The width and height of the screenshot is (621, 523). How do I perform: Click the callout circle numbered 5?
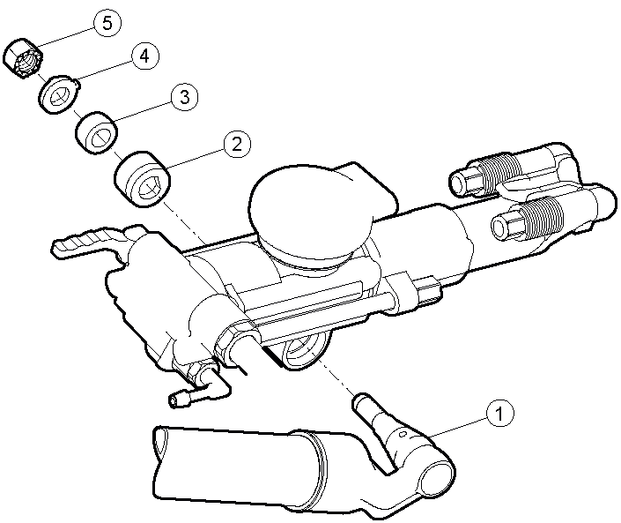coord(107,24)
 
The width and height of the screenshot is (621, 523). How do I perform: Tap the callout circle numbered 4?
coord(145,56)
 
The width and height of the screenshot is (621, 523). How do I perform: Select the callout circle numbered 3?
coord(185,97)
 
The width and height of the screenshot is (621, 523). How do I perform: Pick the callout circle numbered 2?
coord(237,145)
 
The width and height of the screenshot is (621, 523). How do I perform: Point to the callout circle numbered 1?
coord(499,413)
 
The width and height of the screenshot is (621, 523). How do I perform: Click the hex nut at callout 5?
coord(24,58)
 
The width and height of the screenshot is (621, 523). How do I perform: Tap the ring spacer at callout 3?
coord(96,132)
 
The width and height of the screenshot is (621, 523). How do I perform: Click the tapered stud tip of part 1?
coord(361,401)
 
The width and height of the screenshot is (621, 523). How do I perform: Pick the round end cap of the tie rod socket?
coord(436,479)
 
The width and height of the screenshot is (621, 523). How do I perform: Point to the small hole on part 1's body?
coord(403,435)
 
